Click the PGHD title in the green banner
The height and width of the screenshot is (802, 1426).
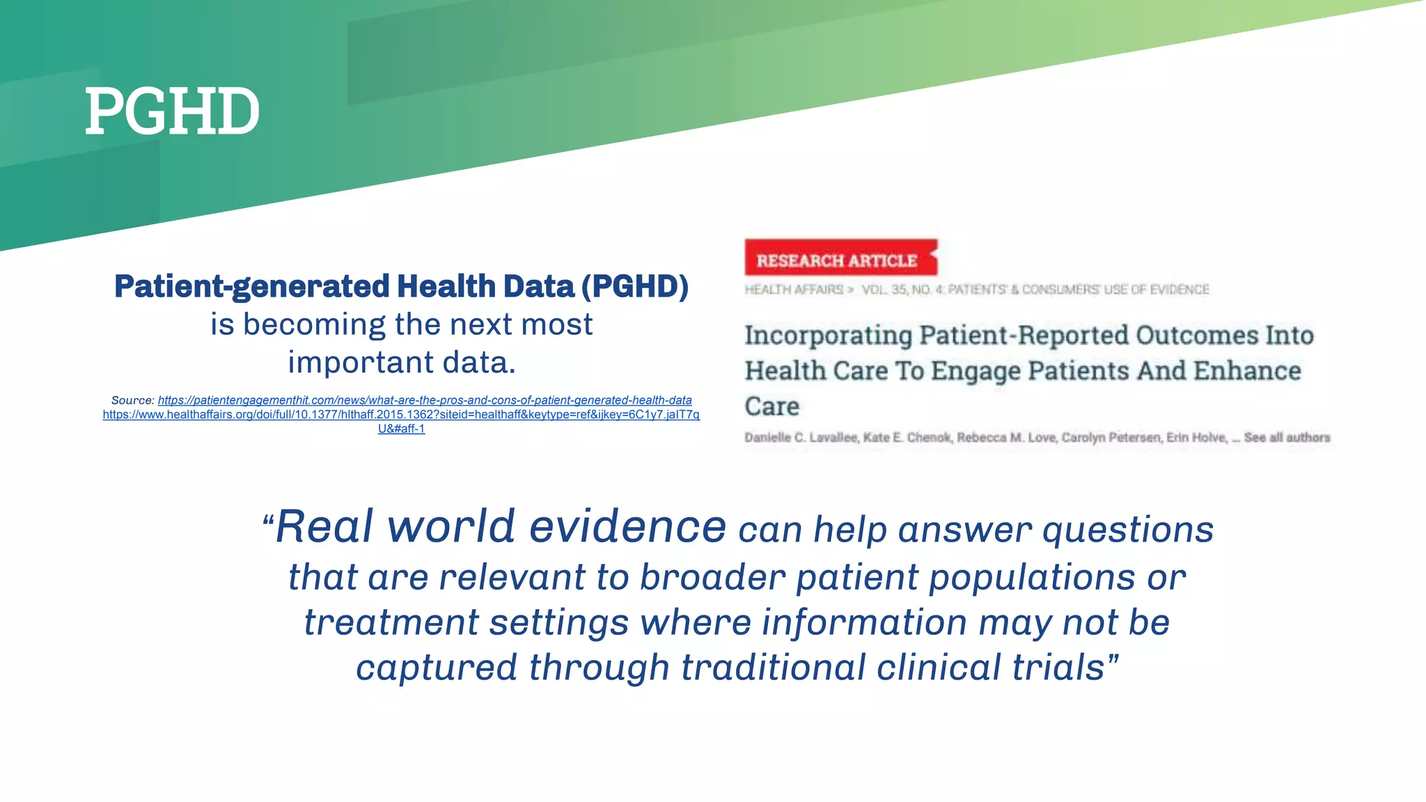[x=172, y=111]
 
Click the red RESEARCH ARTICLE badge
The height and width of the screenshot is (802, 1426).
[x=838, y=260]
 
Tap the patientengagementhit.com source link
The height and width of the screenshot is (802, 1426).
[x=425, y=400]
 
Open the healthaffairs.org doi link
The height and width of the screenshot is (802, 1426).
[x=401, y=414]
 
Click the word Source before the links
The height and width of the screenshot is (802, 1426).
[x=132, y=400]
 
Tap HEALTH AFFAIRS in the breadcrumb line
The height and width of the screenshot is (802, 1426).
[x=794, y=290]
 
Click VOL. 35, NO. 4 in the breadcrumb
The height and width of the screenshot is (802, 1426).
[x=902, y=290]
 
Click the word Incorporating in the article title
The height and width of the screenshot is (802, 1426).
[x=828, y=336]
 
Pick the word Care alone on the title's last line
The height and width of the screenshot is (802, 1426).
[x=771, y=407]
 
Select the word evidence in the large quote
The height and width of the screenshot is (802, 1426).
[x=627, y=526]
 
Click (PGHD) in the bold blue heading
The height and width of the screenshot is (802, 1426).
[x=634, y=287]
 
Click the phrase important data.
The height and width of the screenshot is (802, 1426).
[x=402, y=362]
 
